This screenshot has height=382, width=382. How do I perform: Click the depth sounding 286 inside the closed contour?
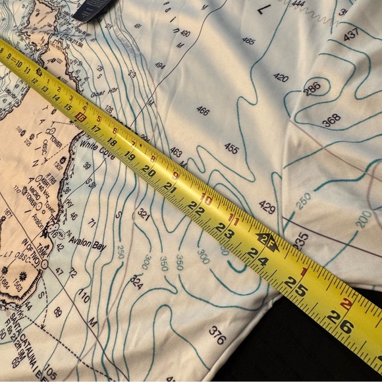(x=313, y=89)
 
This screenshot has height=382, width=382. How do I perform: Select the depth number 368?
(x=331, y=120)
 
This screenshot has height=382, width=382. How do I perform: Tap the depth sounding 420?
(x=281, y=78)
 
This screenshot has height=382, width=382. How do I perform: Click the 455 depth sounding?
(x=231, y=149)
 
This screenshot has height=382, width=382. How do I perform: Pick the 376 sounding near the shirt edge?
(x=217, y=335)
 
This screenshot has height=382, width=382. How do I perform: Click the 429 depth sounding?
(x=267, y=207)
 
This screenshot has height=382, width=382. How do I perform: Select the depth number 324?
(x=136, y=283)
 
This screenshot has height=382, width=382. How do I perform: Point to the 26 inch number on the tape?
(x=336, y=322)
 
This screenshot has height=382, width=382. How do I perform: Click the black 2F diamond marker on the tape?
(x=267, y=241)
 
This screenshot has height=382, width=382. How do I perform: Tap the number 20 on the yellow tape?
(x=149, y=173)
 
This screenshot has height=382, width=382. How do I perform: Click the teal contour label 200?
(x=363, y=219)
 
